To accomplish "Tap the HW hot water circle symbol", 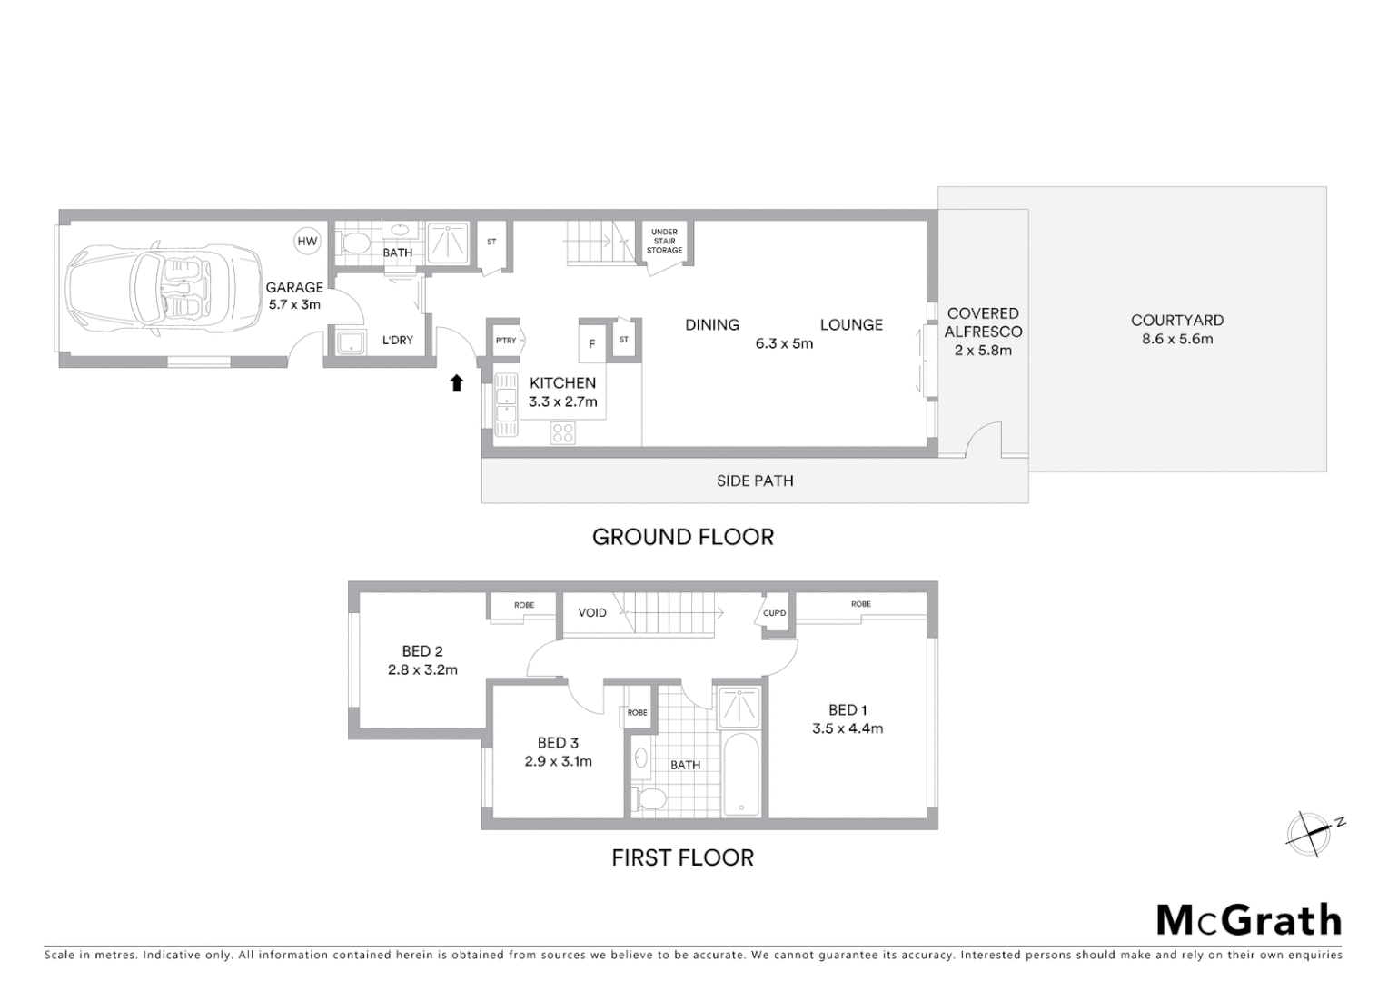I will [308, 241].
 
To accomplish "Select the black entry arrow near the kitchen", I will [457, 383].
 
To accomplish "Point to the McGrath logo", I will [1248, 920].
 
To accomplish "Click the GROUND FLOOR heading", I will [683, 537].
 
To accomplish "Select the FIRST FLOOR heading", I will [682, 857].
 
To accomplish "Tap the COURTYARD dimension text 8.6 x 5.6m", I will [1177, 339].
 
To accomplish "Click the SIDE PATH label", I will [755, 481].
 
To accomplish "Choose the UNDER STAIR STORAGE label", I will [664, 241].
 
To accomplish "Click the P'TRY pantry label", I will [506, 341].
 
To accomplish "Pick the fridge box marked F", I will [592, 344].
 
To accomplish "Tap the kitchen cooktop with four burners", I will [563, 433].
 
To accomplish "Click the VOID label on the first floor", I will [592, 612].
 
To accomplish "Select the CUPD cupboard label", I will [775, 613].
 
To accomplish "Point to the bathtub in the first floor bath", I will [742, 775].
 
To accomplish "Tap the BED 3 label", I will [558, 742].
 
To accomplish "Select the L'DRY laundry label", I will [398, 340].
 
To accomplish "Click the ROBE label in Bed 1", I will [861, 604].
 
